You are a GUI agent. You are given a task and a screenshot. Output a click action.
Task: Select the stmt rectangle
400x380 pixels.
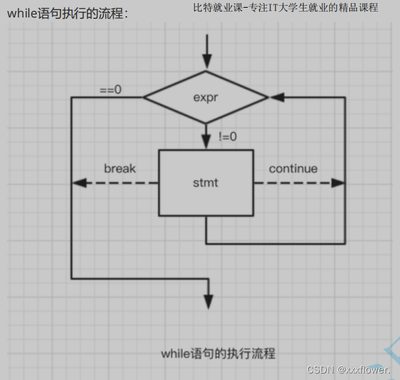point(206,183)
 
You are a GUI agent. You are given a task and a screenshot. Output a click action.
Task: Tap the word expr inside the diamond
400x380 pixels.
point(206,98)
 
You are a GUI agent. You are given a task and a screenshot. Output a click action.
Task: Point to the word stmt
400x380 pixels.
point(206,183)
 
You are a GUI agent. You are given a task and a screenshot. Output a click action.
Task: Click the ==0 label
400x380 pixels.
point(110,89)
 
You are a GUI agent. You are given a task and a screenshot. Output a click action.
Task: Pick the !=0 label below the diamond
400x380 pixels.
point(228,137)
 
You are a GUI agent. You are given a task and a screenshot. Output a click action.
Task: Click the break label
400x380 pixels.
point(120,168)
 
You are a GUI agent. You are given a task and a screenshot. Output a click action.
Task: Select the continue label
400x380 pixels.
point(293,168)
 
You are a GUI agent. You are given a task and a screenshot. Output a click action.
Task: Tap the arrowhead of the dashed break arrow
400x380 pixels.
point(78,183)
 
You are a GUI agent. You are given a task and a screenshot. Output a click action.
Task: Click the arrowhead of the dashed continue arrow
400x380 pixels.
point(338,183)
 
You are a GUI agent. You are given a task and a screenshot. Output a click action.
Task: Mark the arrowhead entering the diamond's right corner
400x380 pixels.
point(276,97)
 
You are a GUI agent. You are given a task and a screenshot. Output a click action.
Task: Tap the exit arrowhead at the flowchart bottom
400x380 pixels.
point(208,302)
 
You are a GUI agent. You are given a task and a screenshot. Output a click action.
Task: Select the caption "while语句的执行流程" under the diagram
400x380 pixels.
point(218,353)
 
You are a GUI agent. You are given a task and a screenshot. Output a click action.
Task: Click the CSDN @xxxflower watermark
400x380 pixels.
point(349,370)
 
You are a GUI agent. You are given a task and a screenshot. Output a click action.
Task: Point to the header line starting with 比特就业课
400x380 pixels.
point(285,8)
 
